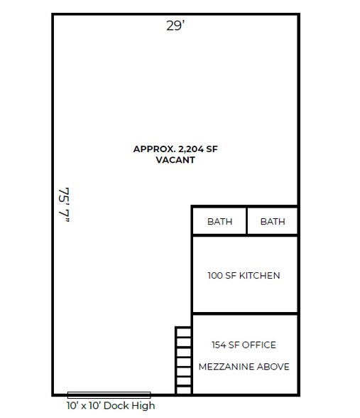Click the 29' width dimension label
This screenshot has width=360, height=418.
coord(175,26)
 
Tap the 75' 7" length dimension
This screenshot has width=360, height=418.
coord(64,205)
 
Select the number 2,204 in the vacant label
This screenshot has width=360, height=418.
coord(191,149)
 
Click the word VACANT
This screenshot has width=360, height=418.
coord(175,160)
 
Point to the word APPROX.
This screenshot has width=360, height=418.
coord(154,149)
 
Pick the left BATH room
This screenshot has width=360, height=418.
coord(219,221)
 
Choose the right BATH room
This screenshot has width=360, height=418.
coord(273,221)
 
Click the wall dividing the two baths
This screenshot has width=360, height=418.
coord(247,221)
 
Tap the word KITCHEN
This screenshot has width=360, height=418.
coord(260,275)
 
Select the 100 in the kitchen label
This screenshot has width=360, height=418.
coord(215,275)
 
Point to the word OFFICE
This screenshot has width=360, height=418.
coord(258,345)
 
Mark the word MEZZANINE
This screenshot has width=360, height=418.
coord(227,367)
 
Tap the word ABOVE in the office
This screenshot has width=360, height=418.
coord(273,367)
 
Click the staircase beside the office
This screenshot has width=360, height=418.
coord(183,360)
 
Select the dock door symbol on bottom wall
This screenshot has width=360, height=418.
coord(109,395)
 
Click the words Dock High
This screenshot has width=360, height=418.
coord(129,405)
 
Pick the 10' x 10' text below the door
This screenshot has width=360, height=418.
coord(84,405)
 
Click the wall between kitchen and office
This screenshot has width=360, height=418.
coord(245,313)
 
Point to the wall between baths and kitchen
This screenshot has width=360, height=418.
coord(245,235)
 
